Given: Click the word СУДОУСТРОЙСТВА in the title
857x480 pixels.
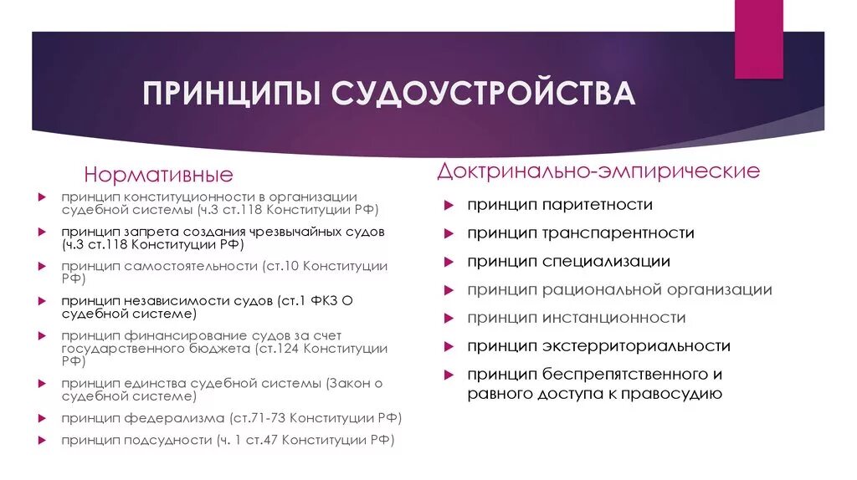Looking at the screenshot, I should coord(484,94).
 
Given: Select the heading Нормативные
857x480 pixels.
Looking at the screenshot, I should coord(158,176).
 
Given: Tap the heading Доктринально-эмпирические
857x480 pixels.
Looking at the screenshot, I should coord(598,171).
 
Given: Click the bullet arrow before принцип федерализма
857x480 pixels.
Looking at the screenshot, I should coord(42,417).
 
